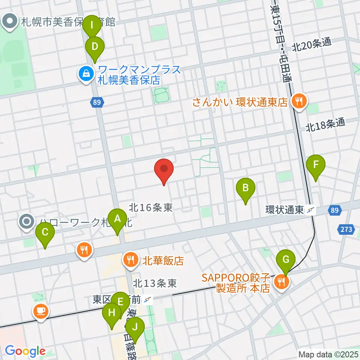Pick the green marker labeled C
(45, 232)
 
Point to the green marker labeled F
(316, 165)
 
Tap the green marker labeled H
(112, 313)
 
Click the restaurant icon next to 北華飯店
(130, 259)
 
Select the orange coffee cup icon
(40, 311)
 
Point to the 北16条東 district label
(151, 207)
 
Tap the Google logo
(25, 351)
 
